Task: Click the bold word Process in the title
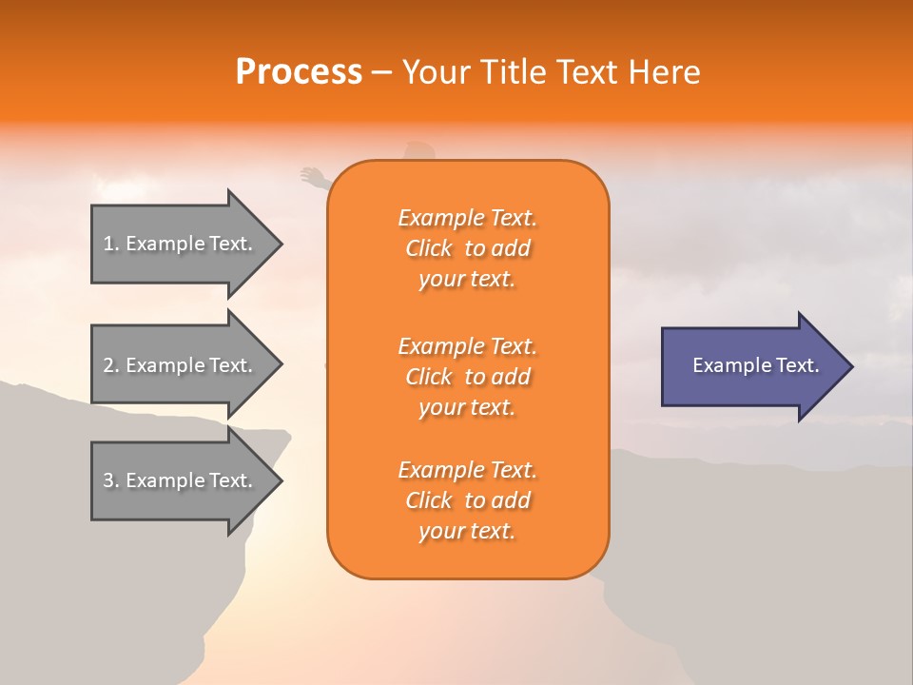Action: pyautogui.click(x=299, y=72)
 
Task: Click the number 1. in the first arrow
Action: pyautogui.click(x=111, y=244)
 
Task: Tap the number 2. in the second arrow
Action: pyautogui.click(x=111, y=365)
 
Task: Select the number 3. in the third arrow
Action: pyautogui.click(x=111, y=480)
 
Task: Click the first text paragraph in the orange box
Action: pyautogui.click(x=467, y=248)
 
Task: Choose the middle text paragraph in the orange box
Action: pyautogui.click(x=467, y=377)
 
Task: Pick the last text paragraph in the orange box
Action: pyautogui.click(x=467, y=500)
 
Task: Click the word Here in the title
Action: pyautogui.click(x=665, y=72)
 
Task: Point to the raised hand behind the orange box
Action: pyautogui.click(x=311, y=176)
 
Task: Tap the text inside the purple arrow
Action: pyautogui.click(x=755, y=365)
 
